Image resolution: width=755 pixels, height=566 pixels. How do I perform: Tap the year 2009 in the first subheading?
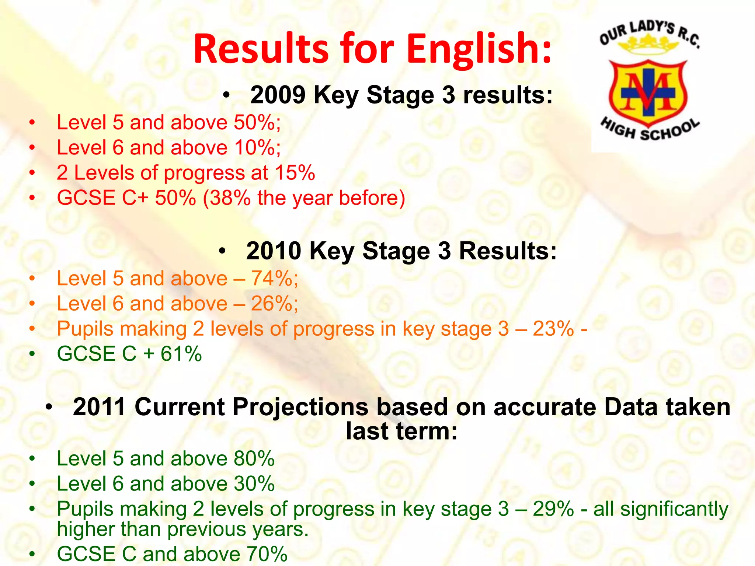pos(278,95)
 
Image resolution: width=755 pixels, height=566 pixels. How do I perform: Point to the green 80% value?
pos(254,459)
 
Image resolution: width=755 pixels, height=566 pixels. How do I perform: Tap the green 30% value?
pos(254,484)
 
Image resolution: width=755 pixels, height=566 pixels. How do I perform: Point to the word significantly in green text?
pos(674,509)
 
